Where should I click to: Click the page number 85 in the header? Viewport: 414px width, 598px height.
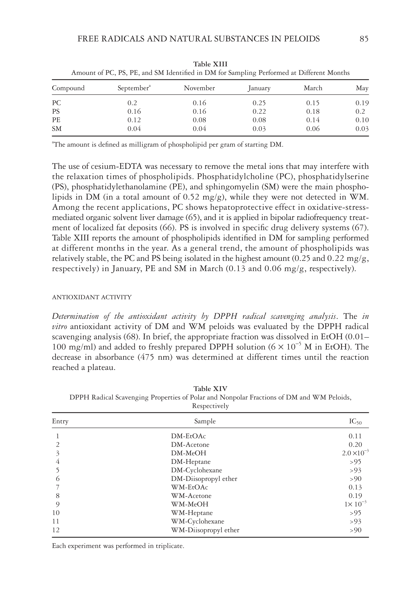tap(364, 39)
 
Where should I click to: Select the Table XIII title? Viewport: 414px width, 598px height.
tap(210, 64)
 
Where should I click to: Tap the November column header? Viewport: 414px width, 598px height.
tap(199, 88)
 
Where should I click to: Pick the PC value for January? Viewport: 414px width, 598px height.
tap(259, 103)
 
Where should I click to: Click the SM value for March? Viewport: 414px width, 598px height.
tap(313, 129)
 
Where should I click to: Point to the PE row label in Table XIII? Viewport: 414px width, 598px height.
tap(56, 120)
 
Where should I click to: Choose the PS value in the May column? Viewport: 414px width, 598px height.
tap(360, 111)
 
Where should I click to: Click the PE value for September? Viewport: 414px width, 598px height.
tap(134, 120)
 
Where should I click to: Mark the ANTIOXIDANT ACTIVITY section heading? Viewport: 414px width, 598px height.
tap(92, 297)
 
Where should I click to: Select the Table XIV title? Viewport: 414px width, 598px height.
tap(210, 389)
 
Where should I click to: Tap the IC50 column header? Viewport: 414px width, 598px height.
tap(355, 421)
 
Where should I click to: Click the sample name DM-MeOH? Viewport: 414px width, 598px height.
tap(188, 453)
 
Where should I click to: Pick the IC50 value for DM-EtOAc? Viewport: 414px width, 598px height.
tap(355, 436)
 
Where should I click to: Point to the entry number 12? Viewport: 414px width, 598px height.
tap(56, 530)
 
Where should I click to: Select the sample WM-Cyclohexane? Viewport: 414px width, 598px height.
tap(197, 521)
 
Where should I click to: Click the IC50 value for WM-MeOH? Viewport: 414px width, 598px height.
tap(355, 504)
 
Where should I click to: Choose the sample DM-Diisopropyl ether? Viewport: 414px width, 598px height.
tap(204, 479)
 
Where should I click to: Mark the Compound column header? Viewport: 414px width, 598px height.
tap(68, 88)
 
